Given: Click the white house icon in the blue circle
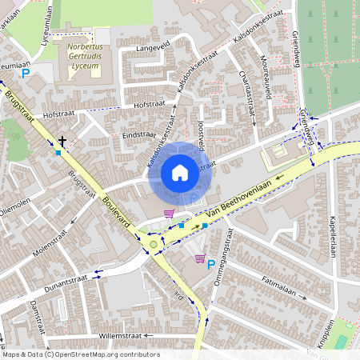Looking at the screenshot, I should tap(180, 173).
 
